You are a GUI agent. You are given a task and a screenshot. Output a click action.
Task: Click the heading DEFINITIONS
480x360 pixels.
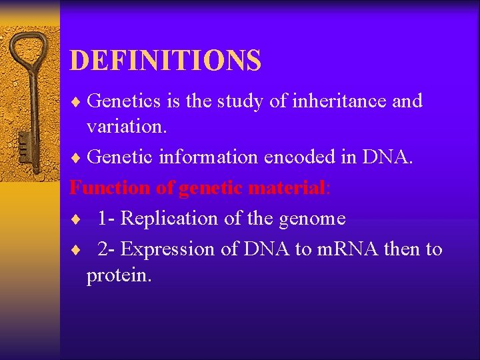pos(165,60)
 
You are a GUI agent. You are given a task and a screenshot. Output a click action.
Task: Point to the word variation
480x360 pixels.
pos(126,127)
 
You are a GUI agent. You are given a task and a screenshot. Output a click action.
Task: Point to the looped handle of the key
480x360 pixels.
pos(31,50)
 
